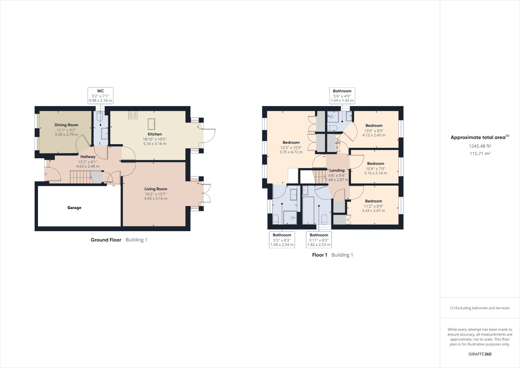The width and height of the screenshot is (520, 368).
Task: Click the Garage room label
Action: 74,208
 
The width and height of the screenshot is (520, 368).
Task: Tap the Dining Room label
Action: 66,125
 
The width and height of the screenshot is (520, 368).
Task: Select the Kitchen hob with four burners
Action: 133,115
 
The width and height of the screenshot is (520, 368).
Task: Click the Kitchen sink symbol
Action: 151,124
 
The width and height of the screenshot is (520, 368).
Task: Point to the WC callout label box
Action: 100,96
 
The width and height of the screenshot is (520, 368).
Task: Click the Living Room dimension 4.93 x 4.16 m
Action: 156,198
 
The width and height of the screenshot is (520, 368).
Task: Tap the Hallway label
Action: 88,157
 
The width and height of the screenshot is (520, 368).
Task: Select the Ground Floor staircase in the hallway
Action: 81,177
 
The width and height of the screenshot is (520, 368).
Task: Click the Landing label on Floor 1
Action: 337,170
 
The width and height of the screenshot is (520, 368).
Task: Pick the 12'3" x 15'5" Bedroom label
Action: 291,143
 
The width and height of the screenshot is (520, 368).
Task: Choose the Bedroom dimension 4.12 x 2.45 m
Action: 374,135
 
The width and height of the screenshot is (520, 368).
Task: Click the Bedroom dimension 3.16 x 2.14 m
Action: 375,173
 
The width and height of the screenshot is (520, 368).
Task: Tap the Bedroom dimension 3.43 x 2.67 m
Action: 374,211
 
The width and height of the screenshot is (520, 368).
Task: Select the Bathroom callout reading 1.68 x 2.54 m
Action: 282,240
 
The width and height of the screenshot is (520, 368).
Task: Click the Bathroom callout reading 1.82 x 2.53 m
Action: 319,240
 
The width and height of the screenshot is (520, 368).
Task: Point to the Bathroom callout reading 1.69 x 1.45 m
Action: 342,96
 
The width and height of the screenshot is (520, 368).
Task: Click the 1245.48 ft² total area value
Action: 480,146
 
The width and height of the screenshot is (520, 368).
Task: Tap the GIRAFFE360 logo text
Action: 480,354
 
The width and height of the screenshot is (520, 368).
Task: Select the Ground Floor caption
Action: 106,240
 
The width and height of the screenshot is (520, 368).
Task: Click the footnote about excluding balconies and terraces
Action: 480,308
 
